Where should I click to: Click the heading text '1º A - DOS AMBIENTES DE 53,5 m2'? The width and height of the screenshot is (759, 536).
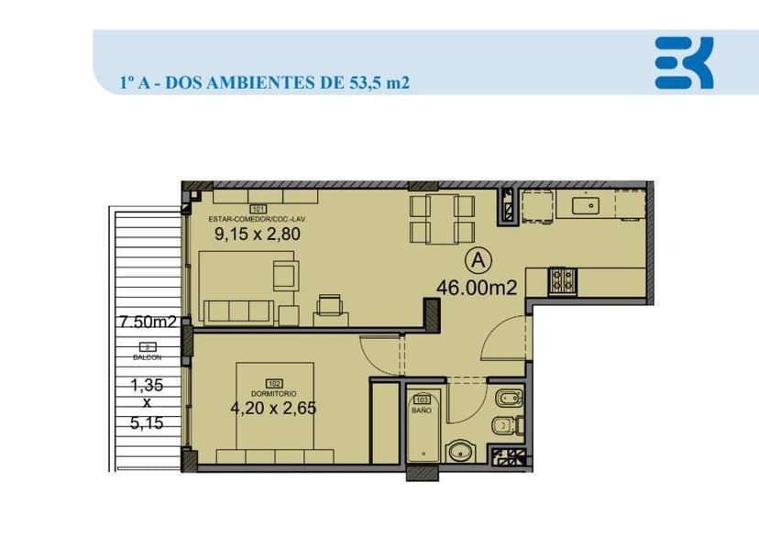click(x=264, y=82)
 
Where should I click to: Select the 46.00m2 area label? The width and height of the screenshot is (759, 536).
click(x=477, y=287)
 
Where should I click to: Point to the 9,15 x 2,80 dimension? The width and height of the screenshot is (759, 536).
click(x=258, y=234)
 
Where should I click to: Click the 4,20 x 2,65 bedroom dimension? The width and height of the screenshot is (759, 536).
click(x=273, y=409)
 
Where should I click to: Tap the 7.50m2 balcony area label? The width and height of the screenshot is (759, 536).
click(x=147, y=322)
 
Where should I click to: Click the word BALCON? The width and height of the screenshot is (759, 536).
click(x=147, y=357)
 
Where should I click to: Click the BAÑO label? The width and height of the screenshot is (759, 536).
click(x=422, y=411)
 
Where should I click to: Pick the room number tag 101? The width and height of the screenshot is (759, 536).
click(x=257, y=210)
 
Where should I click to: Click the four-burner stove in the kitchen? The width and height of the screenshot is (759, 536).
click(x=561, y=280)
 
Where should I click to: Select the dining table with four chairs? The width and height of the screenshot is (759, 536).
click(x=442, y=218)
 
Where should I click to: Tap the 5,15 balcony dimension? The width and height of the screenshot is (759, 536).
click(x=147, y=424)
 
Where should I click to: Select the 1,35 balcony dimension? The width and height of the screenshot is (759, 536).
click(x=147, y=385)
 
